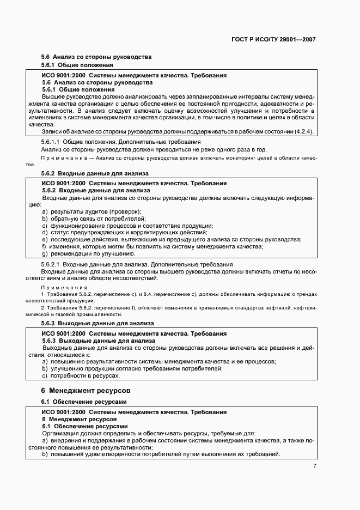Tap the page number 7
pyautogui.click(x=314, y=466)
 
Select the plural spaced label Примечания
pyautogui.click(x=60, y=287)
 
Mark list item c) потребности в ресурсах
pyautogui.click(x=81, y=375)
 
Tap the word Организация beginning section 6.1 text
pyautogui.click(x=62, y=433)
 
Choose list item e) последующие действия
pyautogui.click(x=172, y=239)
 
